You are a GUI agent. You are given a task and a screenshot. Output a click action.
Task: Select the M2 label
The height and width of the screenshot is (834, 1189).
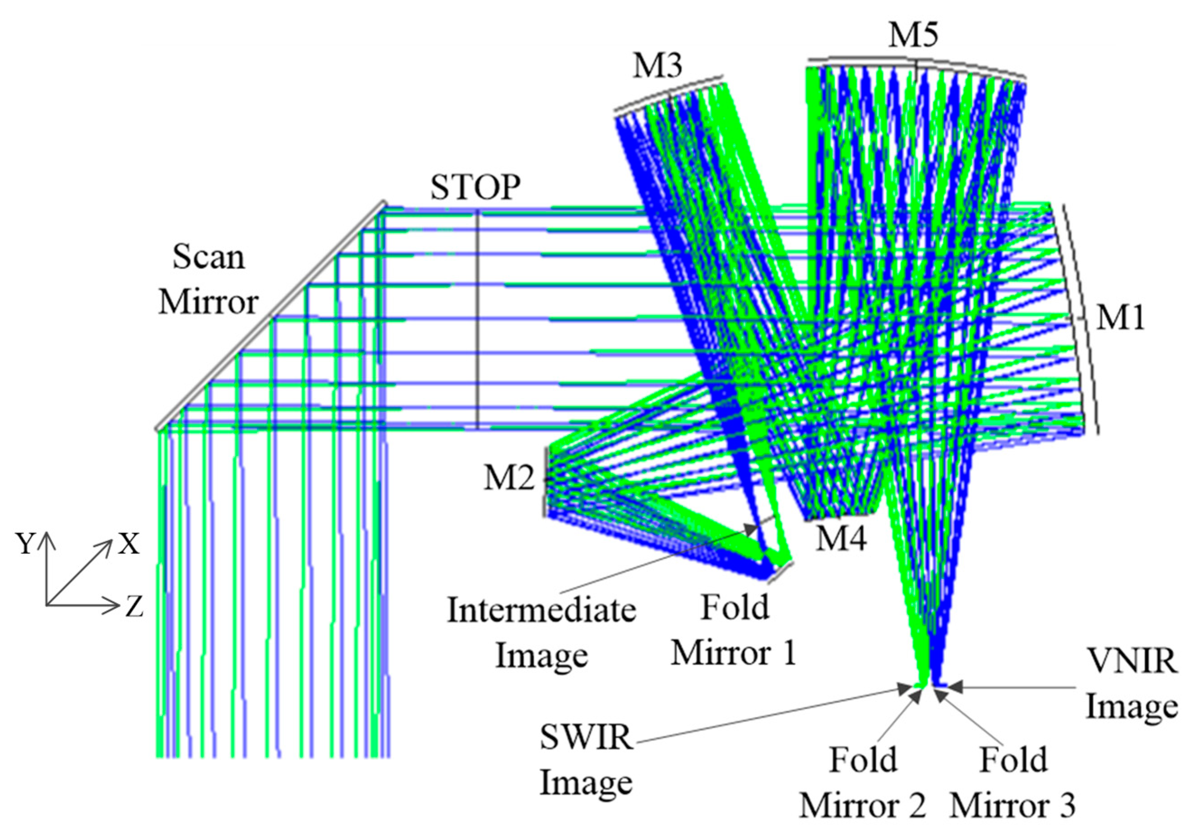(509, 477)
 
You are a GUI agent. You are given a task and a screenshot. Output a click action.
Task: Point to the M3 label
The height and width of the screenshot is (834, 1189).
(657, 66)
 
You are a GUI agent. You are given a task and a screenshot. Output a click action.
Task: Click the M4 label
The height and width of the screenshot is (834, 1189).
(841, 538)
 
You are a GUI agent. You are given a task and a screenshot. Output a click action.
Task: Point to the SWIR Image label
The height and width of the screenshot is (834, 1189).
(586, 760)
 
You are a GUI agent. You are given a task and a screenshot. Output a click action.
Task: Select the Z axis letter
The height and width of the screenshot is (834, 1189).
(134, 607)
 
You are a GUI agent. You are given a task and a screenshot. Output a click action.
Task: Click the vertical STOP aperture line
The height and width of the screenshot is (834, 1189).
(477, 321)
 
